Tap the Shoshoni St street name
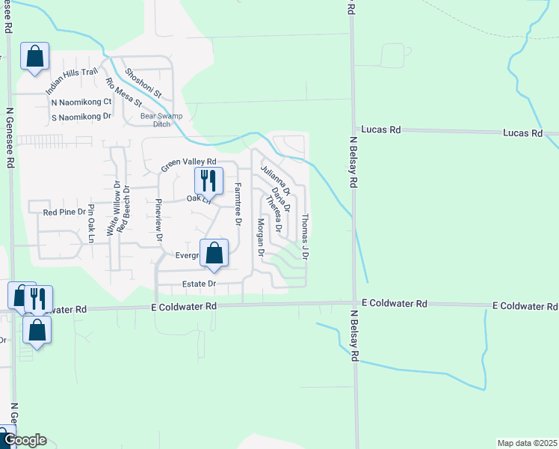pyautogui.click(x=144, y=82)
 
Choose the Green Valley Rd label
pyautogui.click(x=189, y=162)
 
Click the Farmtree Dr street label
pyautogui.click(x=238, y=204)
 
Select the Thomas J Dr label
pyautogui.click(x=305, y=236)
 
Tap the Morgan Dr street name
pyautogui.click(x=261, y=238)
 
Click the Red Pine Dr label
pyautogui.click(x=65, y=213)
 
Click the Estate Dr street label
pyautogui.click(x=200, y=284)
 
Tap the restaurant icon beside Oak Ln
pyautogui.click(x=209, y=180)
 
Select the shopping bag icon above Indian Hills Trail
pyautogui.click(x=34, y=57)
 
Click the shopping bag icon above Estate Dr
pyautogui.click(x=214, y=254)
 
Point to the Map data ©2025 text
pyautogui.click(x=526, y=443)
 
